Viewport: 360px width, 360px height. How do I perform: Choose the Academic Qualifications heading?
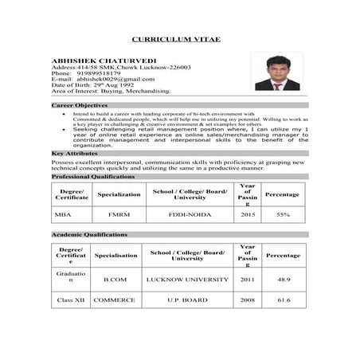click(89, 235)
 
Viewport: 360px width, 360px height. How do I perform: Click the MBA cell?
click(63, 215)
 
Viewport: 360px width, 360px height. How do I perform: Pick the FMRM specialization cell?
click(118, 215)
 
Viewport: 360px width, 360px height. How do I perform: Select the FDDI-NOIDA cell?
click(187, 215)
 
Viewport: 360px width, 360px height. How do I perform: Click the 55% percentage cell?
click(282, 215)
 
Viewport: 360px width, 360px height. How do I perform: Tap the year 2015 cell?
click(247, 215)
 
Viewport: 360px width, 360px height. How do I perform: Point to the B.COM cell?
click(115, 280)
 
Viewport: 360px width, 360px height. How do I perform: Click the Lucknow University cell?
click(187, 280)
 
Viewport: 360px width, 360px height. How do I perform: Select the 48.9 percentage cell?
click(283, 280)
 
